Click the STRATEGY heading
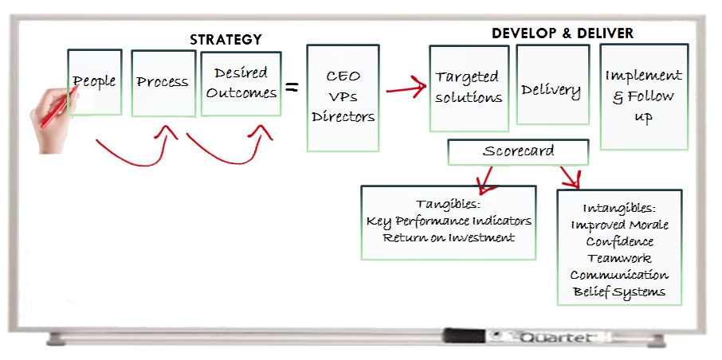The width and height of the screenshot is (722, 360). tap(226, 39)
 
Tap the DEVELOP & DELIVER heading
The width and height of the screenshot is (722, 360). tap(563, 33)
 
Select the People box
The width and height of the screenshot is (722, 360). tap(95, 82)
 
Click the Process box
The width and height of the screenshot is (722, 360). tap(163, 82)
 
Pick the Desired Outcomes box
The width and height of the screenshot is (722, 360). tap(241, 84)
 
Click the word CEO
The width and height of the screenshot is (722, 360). tap(343, 76)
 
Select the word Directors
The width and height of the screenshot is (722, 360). tap(343, 116)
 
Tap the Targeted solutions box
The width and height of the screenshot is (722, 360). tap(469, 88)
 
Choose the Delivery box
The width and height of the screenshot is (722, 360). tap(551, 89)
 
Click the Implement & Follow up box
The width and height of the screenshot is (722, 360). tap(643, 96)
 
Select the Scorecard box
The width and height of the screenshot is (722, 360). tap(518, 151)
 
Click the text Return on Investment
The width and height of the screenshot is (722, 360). tap(449, 237)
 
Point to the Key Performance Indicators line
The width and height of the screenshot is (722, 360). tap(449, 221)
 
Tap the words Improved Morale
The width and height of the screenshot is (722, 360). tap(619, 225)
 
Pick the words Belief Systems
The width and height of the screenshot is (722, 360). tap(619, 292)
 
